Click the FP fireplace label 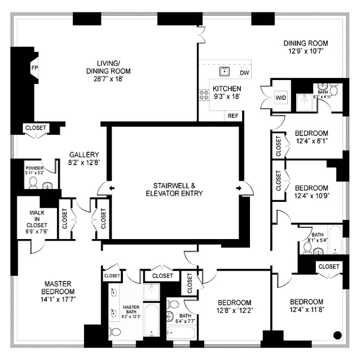(x=34, y=68)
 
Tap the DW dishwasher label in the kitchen (x=244, y=73)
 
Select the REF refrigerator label (x=232, y=116)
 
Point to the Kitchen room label (x=226, y=89)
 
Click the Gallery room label (x=84, y=154)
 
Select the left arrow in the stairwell (x=111, y=188)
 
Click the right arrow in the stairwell (x=239, y=188)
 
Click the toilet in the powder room (x=33, y=182)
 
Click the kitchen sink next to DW (x=225, y=71)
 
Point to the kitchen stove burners (x=203, y=95)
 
